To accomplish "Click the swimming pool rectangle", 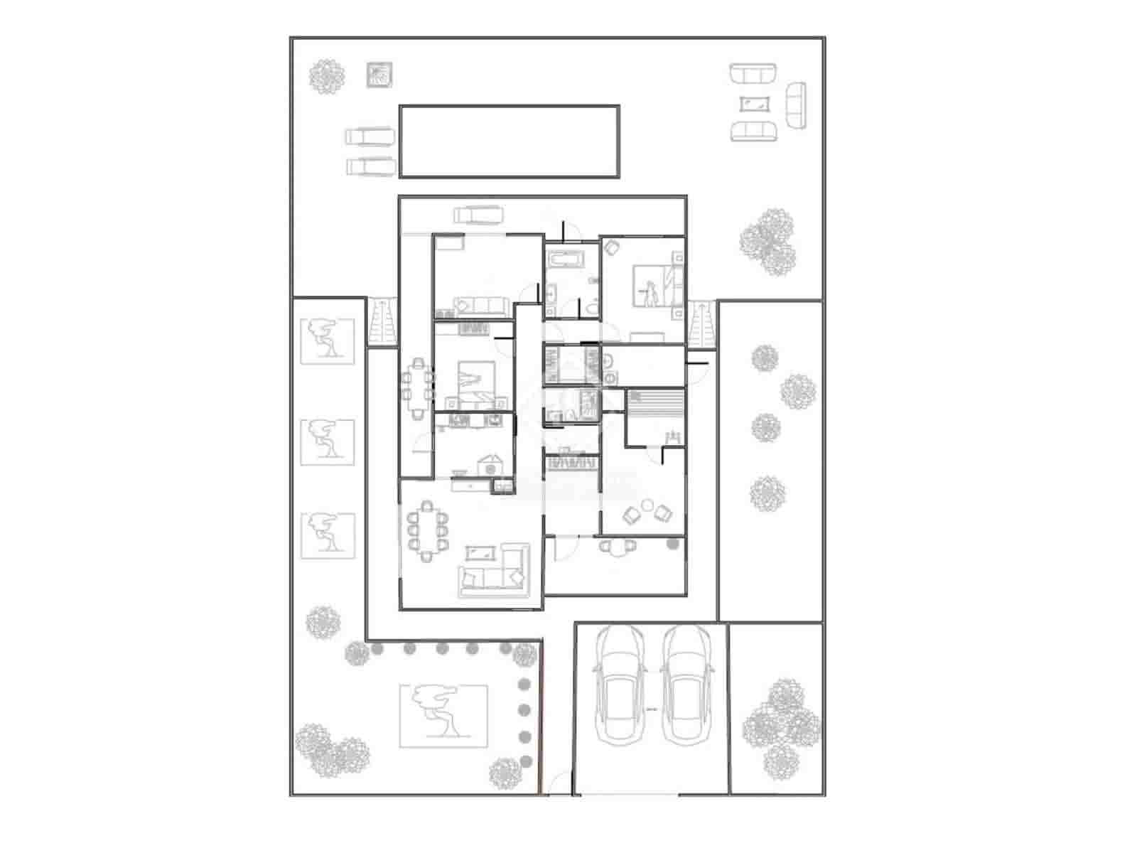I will pos(509,141).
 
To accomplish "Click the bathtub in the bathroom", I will pos(564,258).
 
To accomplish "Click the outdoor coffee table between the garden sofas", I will pos(754,104).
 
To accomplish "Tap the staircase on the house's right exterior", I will pos(702,324).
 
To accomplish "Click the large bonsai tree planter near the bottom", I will pos(443,716).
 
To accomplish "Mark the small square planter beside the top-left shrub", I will pos(380,75).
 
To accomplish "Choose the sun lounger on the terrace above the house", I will pos(479,214).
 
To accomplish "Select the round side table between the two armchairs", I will pos(647,505).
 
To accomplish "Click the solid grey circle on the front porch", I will pos(672,544).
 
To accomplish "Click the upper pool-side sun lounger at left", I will pos(370,136).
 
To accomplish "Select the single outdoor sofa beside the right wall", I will pos(796,105).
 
